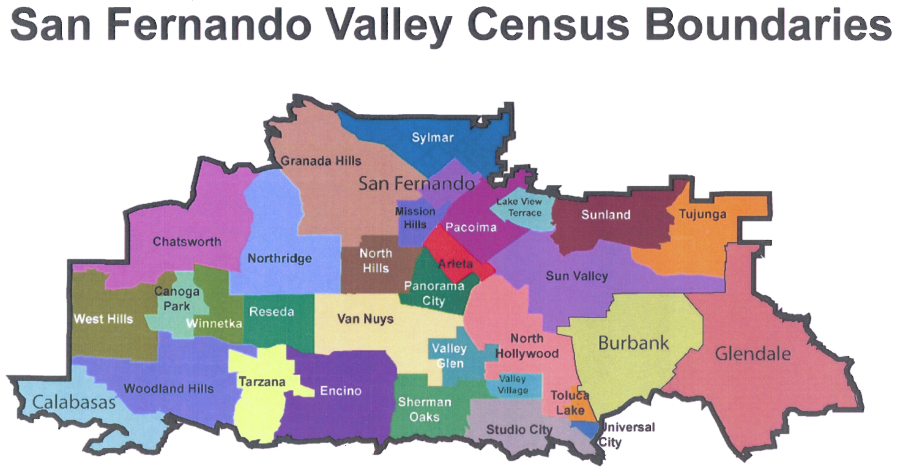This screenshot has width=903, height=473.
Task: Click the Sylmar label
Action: pyautogui.click(x=432, y=137)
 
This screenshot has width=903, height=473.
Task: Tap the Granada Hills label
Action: pyautogui.click(x=321, y=161)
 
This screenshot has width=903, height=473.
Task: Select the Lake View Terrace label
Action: pyautogui.click(x=519, y=207)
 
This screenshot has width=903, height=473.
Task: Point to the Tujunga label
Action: pyautogui.click(x=703, y=214)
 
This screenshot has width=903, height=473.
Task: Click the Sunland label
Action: pyautogui.click(x=606, y=214)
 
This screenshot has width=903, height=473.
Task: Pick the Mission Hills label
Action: pyautogui.click(x=415, y=218)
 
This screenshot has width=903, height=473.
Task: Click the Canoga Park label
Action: pyautogui.click(x=176, y=299)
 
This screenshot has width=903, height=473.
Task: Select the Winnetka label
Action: pyautogui.click(x=214, y=324)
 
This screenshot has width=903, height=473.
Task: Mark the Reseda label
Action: pyautogui.click(x=272, y=311)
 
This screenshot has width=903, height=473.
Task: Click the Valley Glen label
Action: pyautogui.click(x=449, y=356)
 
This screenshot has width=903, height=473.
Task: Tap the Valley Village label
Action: pyautogui.click(x=513, y=385)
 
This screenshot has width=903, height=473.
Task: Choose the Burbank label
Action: pyautogui.click(x=634, y=342)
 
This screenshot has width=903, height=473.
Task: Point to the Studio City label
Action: pyautogui.click(x=519, y=430)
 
